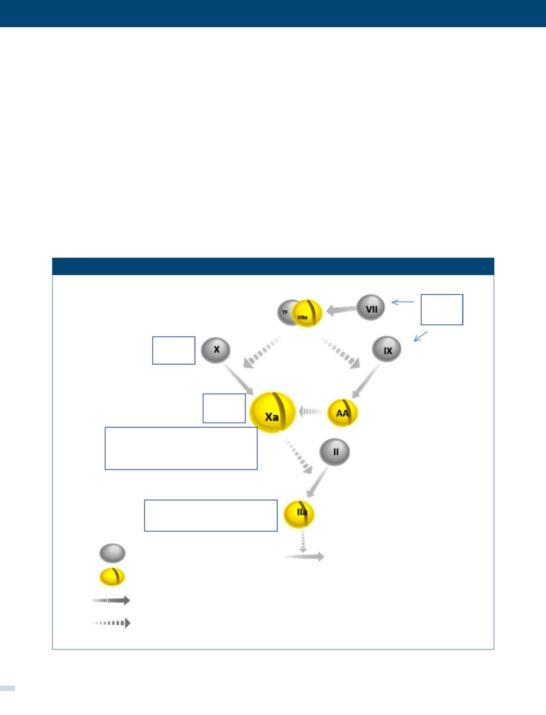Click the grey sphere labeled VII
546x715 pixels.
pyautogui.click(x=371, y=308)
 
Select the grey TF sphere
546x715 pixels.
pyautogui.click(x=286, y=312)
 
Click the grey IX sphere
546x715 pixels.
pyautogui.click(x=387, y=350)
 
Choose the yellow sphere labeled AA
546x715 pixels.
pyautogui.click(x=342, y=413)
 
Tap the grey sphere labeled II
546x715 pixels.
pyautogui.click(x=334, y=452)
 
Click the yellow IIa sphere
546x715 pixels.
pyautogui.click(x=299, y=513)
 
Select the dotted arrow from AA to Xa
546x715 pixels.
pyautogui.click(x=311, y=412)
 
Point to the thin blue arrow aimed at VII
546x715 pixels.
pyautogui.click(x=402, y=301)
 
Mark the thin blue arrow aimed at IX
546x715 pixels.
pyautogui.click(x=420, y=336)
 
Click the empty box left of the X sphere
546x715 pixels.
pyautogui.click(x=174, y=350)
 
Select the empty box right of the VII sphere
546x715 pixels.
pyautogui.click(x=442, y=309)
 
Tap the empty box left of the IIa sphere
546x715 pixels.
pyautogui.click(x=211, y=515)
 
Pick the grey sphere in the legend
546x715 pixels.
pyautogui.click(x=112, y=553)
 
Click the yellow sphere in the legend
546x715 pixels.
pyautogui.click(x=112, y=576)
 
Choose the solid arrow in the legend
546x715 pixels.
pyautogui.click(x=111, y=600)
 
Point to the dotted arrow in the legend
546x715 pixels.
pyautogui.click(x=111, y=623)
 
